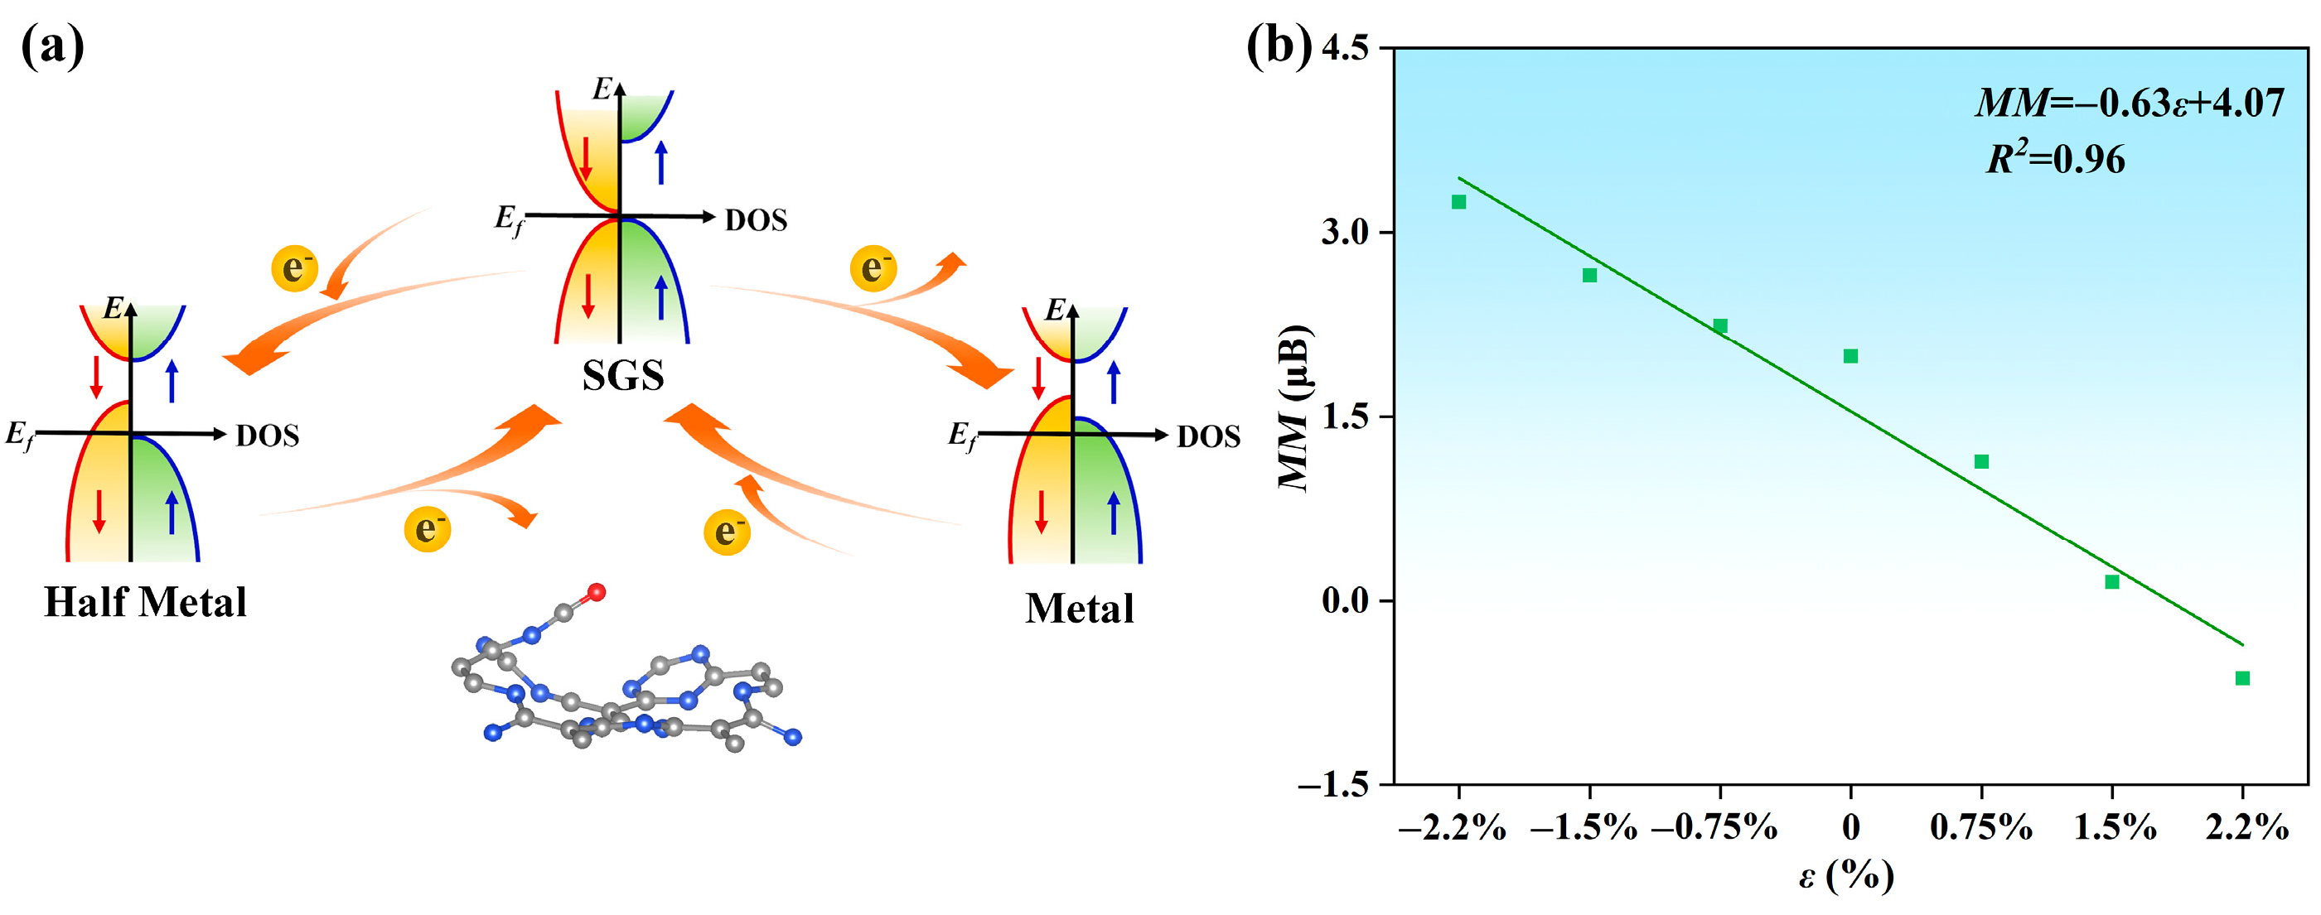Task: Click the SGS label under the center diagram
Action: click(622, 374)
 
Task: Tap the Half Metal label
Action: click(145, 602)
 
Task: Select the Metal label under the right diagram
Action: click(1080, 609)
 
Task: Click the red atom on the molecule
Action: click(597, 592)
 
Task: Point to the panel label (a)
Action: click(52, 47)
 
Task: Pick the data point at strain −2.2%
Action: click(1458, 202)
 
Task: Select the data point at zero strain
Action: click(1850, 356)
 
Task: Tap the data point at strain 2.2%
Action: click(2242, 678)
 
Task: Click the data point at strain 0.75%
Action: click(1981, 462)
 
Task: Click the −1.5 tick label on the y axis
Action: click(1332, 785)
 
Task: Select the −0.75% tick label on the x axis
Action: click(1714, 826)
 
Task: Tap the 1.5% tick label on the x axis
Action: click(2115, 826)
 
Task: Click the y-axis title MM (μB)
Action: click(1296, 407)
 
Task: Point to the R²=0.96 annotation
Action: click(2055, 160)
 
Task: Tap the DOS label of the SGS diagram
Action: click(756, 219)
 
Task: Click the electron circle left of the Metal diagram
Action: click(727, 532)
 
